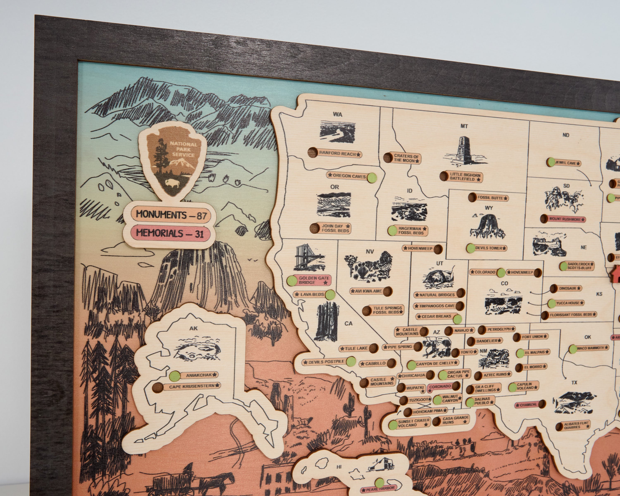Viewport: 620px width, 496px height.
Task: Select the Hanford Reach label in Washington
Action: [340, 154]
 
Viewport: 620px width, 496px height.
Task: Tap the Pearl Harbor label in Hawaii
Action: [378, 488]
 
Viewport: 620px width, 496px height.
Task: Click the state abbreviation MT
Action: [464, 126]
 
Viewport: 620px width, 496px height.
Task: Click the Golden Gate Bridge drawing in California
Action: [309, 258]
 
